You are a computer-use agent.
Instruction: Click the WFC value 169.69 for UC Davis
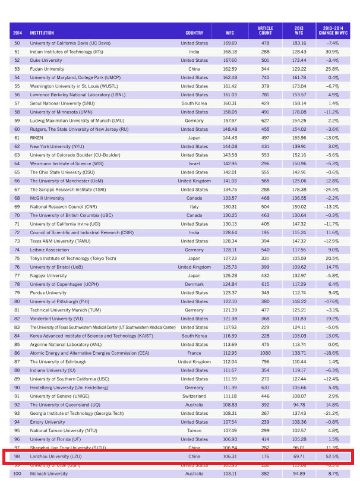tap(230, 43)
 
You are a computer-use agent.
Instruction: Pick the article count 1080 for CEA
tap(266, 353)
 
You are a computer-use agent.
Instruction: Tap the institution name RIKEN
tap(37, 138)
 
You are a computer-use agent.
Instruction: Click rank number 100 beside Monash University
tap(17, 474)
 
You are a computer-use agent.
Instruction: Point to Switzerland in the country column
tap(194, 396)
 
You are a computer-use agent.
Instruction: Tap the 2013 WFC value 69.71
tap(299, 456)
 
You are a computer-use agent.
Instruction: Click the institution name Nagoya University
tap(48, 276)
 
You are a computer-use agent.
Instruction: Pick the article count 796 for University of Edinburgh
tap(266, 361)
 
